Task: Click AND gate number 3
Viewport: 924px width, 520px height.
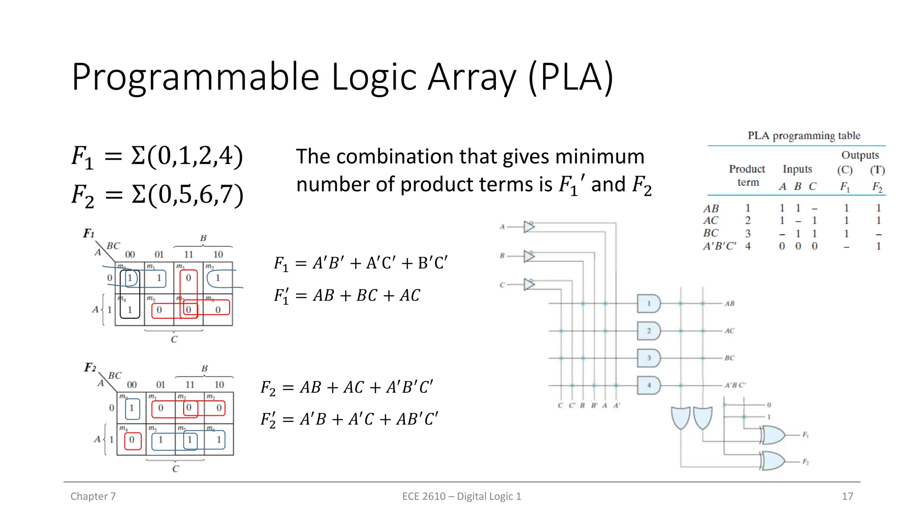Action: (649, 358)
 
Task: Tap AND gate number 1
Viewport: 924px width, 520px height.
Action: (649, 304)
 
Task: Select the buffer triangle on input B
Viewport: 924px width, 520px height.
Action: (529, 256)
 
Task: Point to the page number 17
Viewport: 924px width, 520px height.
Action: (847, 496)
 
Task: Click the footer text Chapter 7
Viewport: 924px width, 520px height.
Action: (93, 496)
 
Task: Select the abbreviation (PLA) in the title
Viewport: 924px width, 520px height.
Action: (570, 77)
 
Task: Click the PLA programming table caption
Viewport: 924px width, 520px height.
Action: (804, 135)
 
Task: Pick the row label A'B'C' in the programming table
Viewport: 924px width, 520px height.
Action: (719, 246)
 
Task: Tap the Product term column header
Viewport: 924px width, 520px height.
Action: (747, 175)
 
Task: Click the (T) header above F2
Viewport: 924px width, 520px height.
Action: (877, 170)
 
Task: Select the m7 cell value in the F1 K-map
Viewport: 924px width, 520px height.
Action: (189, 310)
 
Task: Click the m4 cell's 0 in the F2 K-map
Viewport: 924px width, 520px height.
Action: (132, 440)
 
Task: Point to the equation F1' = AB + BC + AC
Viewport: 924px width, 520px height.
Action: (346, 296)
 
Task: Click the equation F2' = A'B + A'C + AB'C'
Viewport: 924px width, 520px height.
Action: (349, 419)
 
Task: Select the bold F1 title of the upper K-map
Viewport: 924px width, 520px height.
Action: (88, 233)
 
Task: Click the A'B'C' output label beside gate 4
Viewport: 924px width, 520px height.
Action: (735, 385)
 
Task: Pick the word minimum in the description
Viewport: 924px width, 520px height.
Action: (600, 157)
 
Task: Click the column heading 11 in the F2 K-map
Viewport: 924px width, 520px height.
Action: (189, 385)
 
